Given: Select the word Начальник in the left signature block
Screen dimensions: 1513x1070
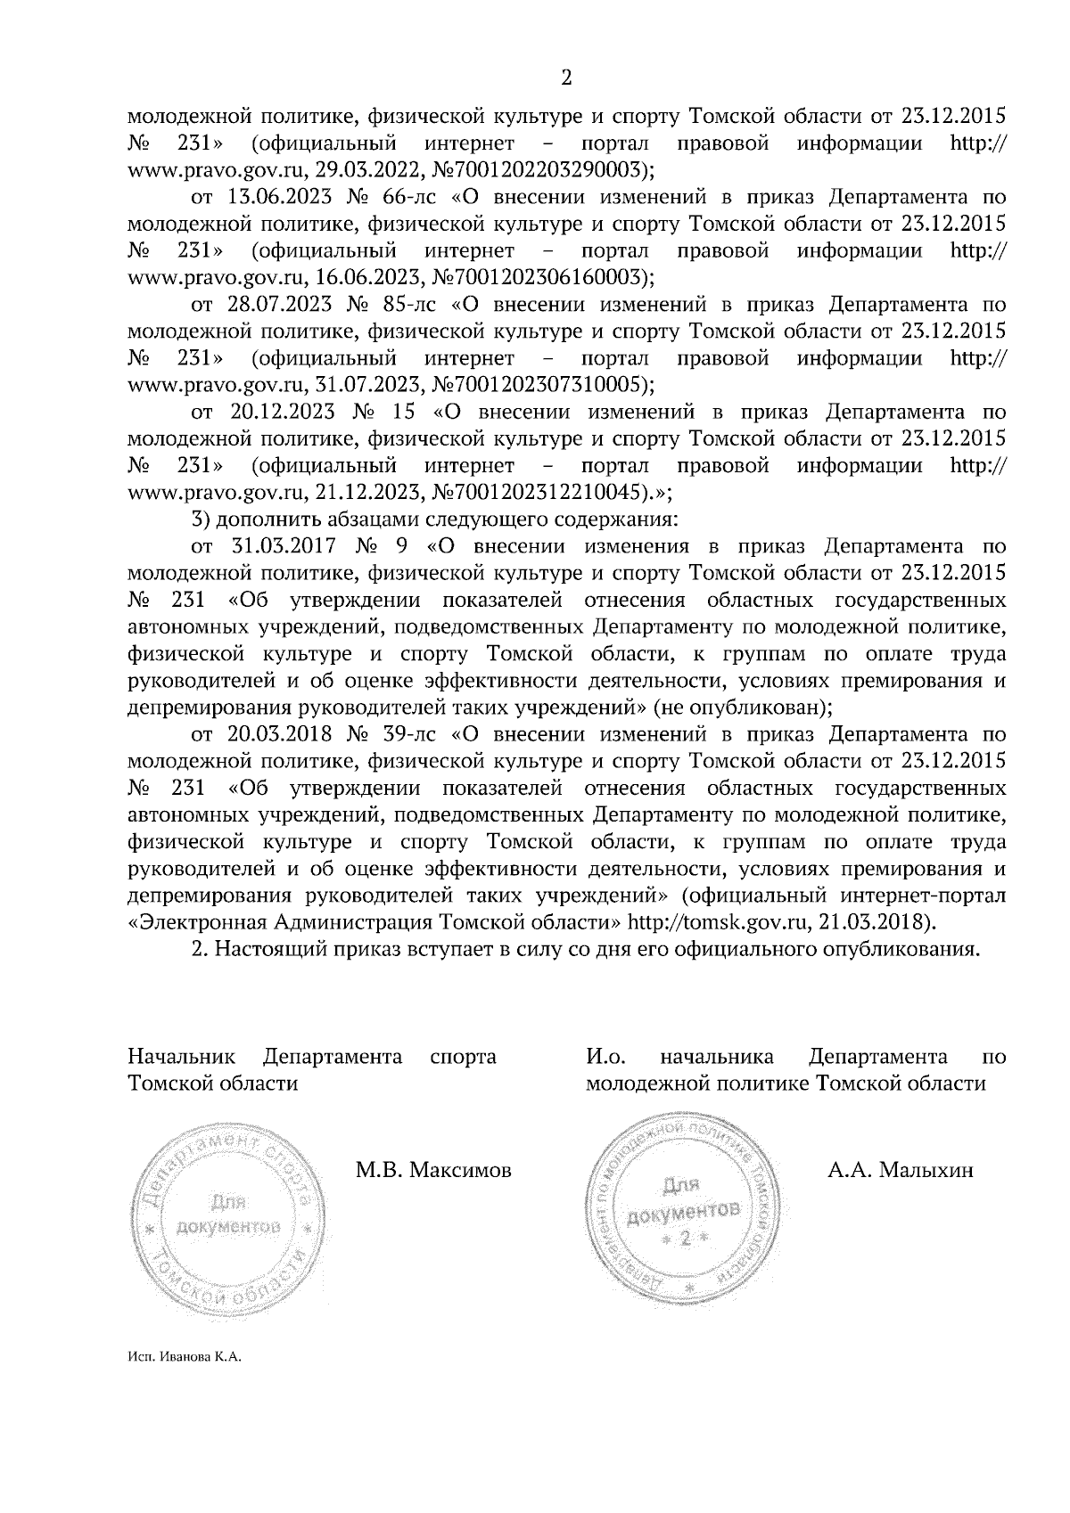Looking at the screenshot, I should [182, 1058].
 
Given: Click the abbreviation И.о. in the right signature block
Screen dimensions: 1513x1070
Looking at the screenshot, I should [606, 1058].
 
